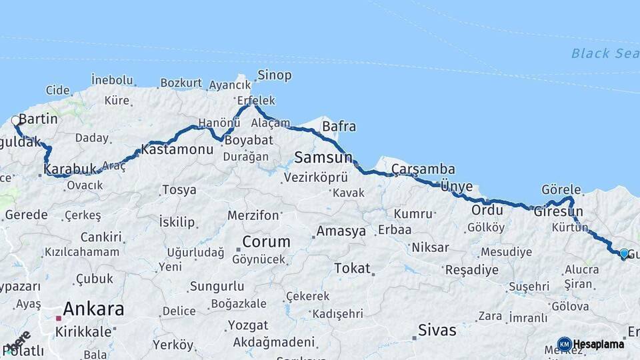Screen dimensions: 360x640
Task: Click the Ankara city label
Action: pyautogui.click(x=93, y=309)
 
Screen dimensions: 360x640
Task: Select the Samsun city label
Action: pyautogui.click(x=323, y=158)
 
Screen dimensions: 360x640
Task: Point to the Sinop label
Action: pyautogui.click(x=275, y=75)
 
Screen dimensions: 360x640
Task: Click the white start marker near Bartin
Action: pyautogui.click(x=15, y=121)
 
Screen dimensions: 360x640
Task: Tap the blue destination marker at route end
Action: pyautogui.click(x=623, y=253)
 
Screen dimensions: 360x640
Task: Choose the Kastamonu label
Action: pyautogui.click(x=177, y=150)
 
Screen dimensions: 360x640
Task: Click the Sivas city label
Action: pyautogui.click(x=437, y=330)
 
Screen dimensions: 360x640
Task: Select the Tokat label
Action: pyautogui.click(x=352, y=268)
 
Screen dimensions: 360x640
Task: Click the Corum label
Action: pyautogui.click(x=266, y=241)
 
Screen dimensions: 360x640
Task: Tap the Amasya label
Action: pyautogui.click(x=341, y=232)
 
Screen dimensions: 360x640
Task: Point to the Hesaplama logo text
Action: pyautogui.click(x=599, y=345)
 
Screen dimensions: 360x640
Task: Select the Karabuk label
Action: pyautogui.click(x=71, y=169)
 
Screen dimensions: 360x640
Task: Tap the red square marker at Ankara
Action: pyautogui.click(x=59, y=319)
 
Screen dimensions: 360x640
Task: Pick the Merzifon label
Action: pyautogui.click(x=253, y=215)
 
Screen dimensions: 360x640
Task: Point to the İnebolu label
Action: pyautogui.click(x=112, y=80)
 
